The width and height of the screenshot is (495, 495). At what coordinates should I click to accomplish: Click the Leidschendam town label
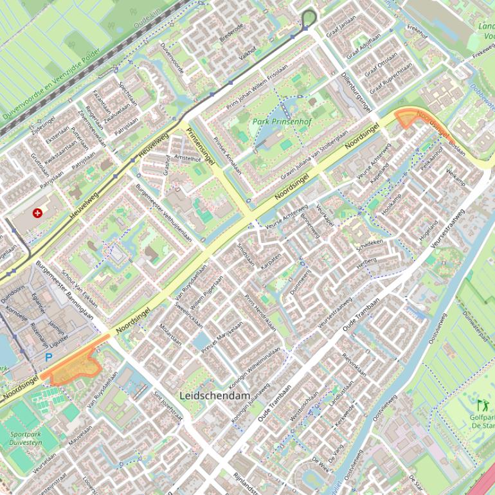[x=215, y=395]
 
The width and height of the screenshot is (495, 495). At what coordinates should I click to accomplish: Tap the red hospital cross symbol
[x=37, y=213]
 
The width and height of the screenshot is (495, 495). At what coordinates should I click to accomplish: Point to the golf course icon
[x=481, y=406]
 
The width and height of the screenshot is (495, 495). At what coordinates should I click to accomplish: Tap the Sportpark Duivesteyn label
[x=26, y=438]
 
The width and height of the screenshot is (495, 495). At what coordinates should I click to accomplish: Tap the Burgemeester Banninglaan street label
[x=65, y=289]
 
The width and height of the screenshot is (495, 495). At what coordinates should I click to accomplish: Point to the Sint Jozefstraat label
[x=168, y=407]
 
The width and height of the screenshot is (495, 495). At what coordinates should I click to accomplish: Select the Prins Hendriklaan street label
[x=260, y=313]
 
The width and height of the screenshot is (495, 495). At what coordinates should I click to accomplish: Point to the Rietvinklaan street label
[x=354, y=365]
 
